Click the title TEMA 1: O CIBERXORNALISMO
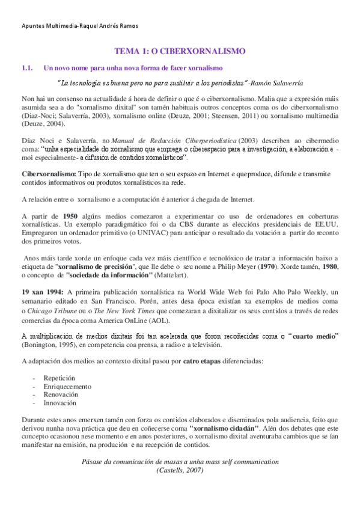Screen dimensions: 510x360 coord(180,52)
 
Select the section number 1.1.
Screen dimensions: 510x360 coord(26,69)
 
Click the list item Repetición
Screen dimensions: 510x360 coord(59,378)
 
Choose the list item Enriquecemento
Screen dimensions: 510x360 coord(67,386)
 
